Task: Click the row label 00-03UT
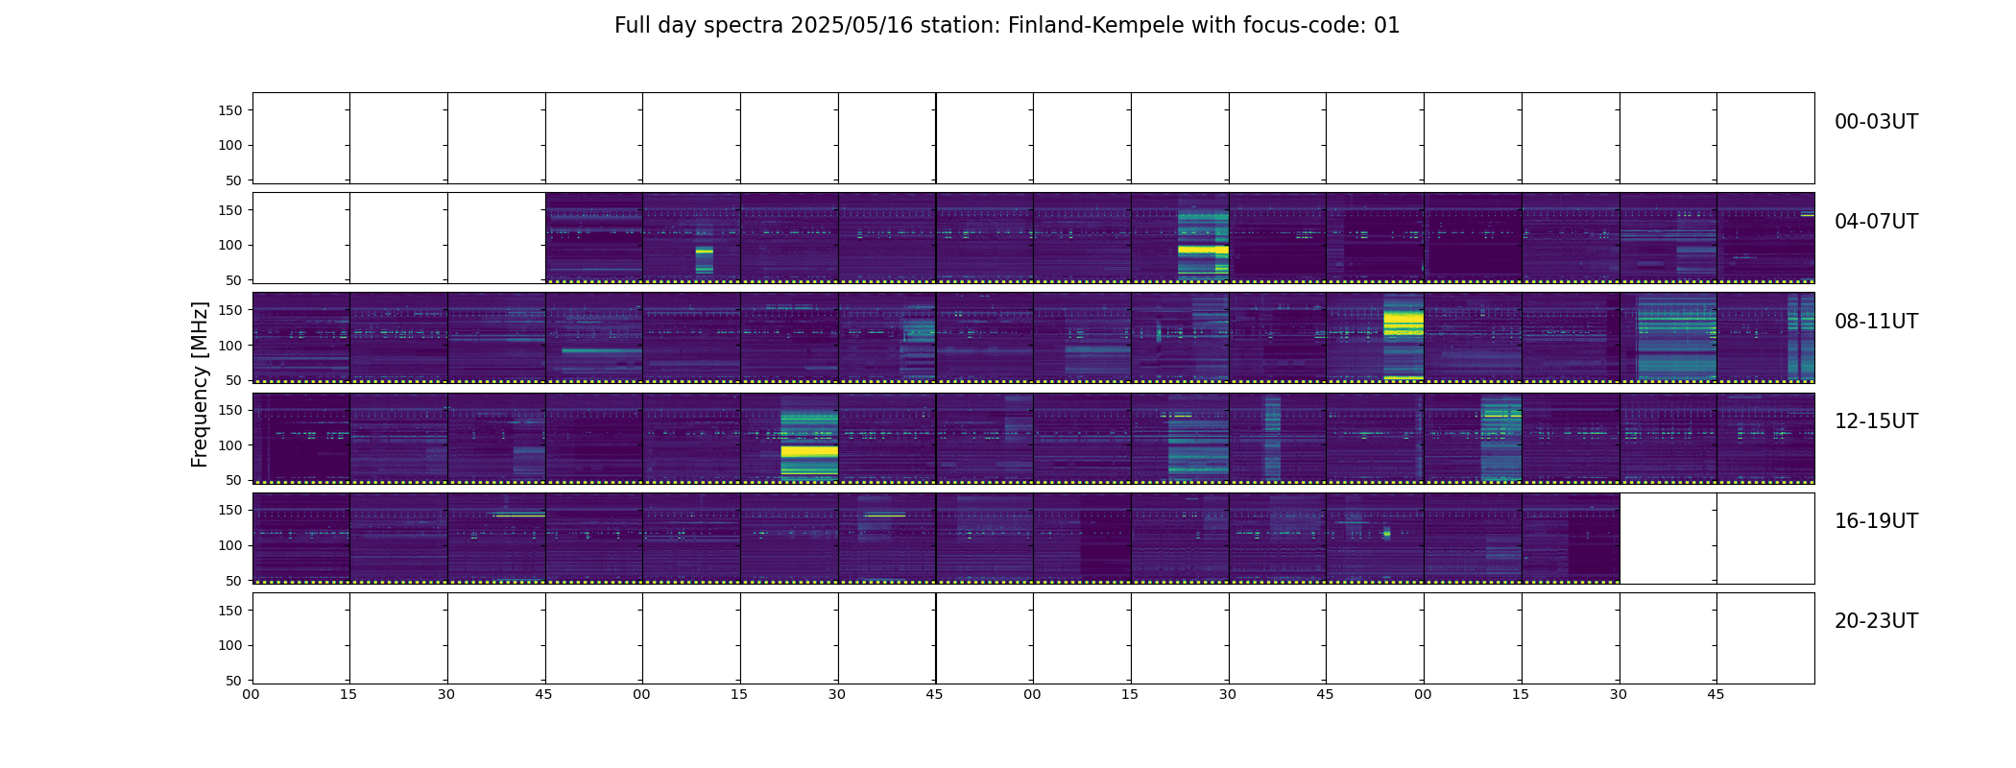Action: click(1876, 122)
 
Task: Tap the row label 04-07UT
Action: click(1876, 222)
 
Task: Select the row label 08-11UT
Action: click(1876, 322)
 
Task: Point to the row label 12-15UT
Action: click(1876, 421)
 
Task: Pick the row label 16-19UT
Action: click(1876, 521)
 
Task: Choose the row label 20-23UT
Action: click(1876, 621)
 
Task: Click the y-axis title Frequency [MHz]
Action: click(200, 384)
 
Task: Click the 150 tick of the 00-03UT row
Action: click(230, 110)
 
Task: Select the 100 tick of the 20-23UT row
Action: click(230, 645)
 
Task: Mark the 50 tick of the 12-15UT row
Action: click(234, 480)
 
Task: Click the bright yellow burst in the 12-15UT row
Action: click(809, 450)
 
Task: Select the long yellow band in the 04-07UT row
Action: click(1203, 249)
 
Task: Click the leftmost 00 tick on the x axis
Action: click(252, 694)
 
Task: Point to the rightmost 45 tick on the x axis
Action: click(1716, 694)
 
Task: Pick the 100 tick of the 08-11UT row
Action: click(230, 345)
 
